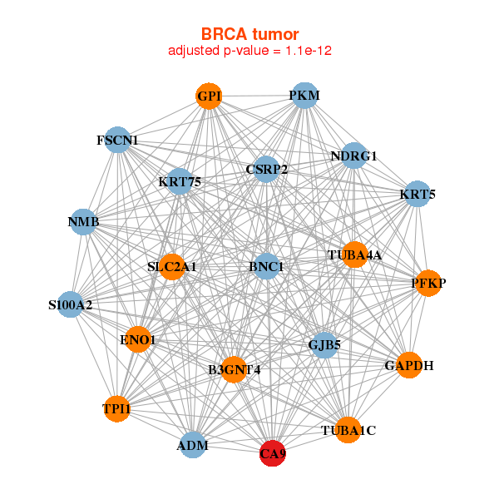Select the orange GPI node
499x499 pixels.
pos(209,96)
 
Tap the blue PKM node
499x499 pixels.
pos(304,96)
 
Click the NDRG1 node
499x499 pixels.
pos(354,156)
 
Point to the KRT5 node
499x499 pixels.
pos(417,195)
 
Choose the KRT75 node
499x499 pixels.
pos(180,181)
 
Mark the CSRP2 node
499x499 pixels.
pos(266,170)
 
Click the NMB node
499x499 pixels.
pos(84,222)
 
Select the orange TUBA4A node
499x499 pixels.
pos(355,255)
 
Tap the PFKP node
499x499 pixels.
pos(428,284)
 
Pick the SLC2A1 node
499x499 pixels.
pos(172,267)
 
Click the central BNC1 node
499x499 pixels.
pos(266,267)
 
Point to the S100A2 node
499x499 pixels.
pos(71,304)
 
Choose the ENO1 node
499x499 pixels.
pos(138,339)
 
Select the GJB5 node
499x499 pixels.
pos(324,343)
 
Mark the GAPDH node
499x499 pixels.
pos(409,365)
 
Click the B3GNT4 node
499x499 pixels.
pos(235,369)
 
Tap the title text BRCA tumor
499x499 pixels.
pos(250,34)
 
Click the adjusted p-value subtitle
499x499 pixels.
pos(250,51)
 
